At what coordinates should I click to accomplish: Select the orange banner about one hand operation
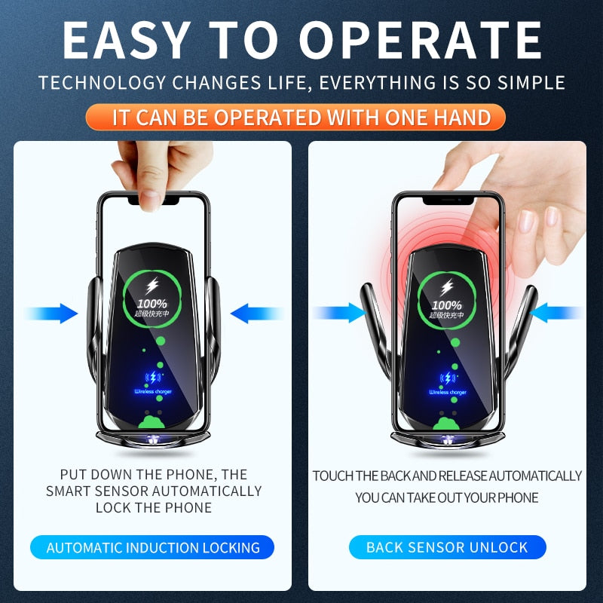(301, 117)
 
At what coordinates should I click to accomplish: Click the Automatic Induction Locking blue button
(153, 548)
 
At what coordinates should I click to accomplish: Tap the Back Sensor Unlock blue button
(447, 547)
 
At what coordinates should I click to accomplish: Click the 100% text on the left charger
(153, 303)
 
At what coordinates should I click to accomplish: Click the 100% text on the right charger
(447, 305)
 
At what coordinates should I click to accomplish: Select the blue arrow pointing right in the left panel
(53, 313)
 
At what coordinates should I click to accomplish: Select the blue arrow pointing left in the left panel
(254, 313)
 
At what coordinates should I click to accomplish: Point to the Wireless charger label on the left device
(153, 392)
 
